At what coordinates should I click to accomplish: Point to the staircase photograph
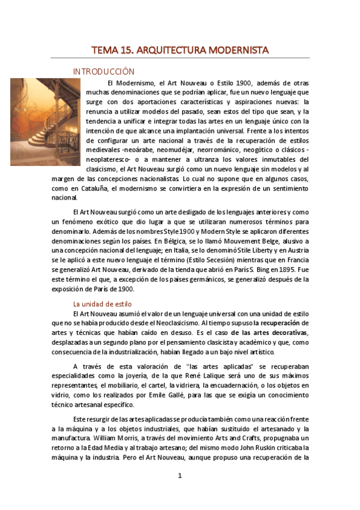[x=45, y=122]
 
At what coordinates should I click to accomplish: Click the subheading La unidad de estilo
[x=102, y=304]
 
